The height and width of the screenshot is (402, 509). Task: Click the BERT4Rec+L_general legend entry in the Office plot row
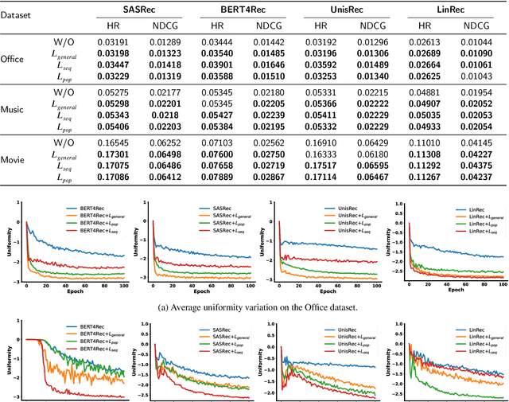click(x=99, y=217)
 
